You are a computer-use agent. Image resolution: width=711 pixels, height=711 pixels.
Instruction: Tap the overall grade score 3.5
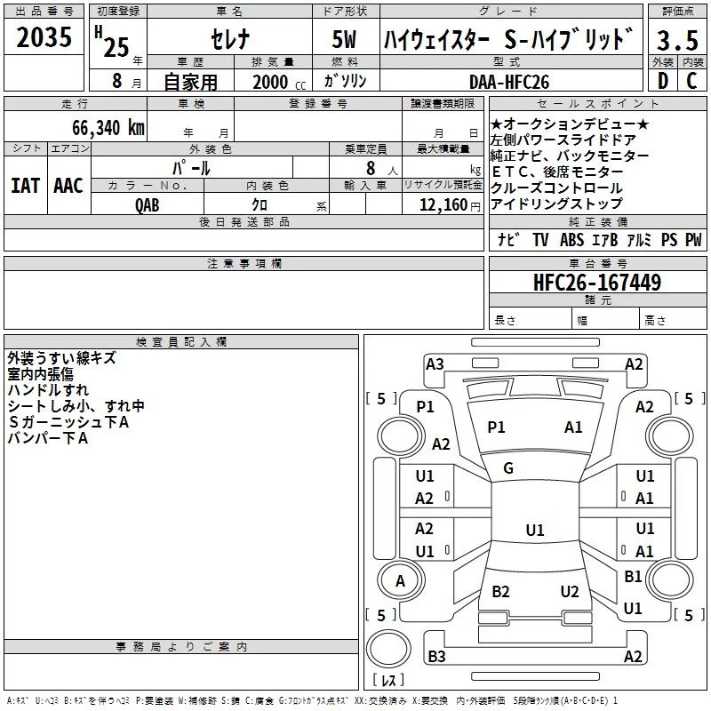677,40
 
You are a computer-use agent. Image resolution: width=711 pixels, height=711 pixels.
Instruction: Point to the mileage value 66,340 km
104,127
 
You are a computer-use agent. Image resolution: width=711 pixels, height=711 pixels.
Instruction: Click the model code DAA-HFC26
507,81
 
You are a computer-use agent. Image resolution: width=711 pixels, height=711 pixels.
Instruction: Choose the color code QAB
148,204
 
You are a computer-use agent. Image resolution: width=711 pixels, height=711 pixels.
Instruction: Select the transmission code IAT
25,185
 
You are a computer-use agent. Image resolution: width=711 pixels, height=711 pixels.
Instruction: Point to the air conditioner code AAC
68,185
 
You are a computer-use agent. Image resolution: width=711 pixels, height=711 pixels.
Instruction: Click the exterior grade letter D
663,81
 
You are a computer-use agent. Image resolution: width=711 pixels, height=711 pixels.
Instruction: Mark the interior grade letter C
691,81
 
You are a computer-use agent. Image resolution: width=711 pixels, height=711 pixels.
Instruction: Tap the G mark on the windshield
508,468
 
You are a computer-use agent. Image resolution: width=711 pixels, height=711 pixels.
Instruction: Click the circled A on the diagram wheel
400,580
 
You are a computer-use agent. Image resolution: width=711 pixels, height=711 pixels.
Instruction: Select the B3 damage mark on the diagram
436,656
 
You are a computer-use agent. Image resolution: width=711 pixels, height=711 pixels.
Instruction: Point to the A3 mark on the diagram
435,363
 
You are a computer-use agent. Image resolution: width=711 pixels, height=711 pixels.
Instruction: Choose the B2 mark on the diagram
500,592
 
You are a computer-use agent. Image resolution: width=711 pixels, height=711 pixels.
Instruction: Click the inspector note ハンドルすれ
48,390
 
